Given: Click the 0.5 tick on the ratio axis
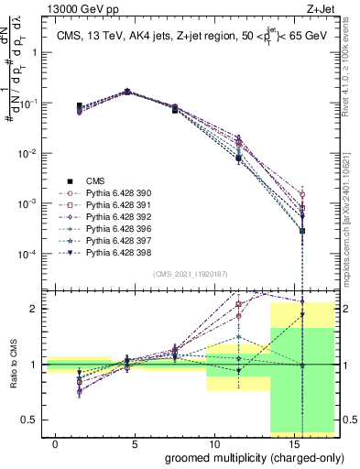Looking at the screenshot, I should point(28,420).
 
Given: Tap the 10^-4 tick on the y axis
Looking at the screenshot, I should point(25,253).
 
